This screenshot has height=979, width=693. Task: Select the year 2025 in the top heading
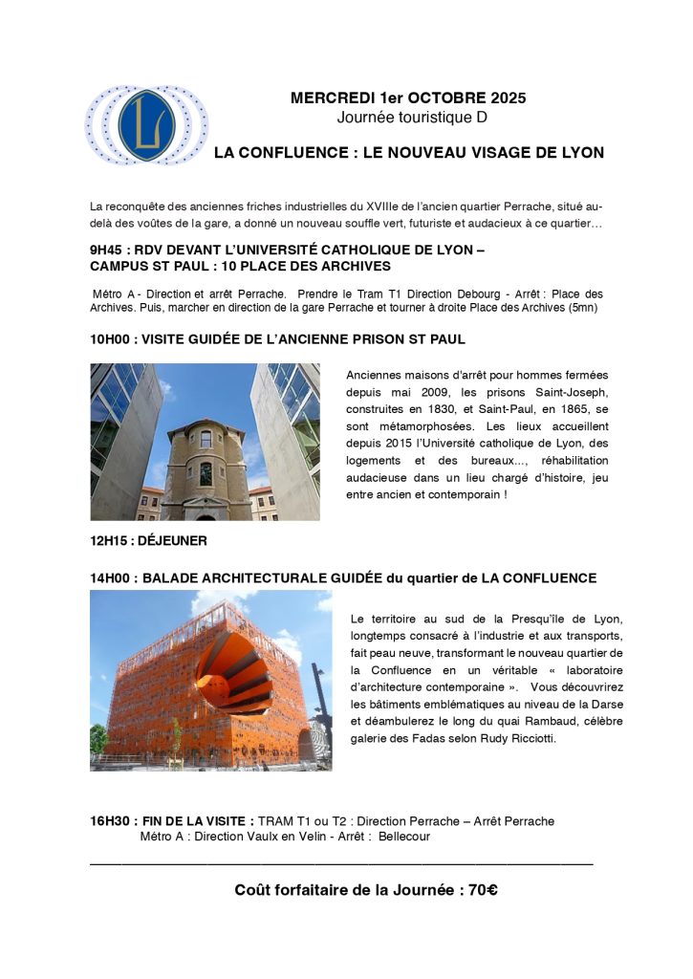click(x=507, y=98)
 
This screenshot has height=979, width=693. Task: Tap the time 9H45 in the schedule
click(x=107, y=251)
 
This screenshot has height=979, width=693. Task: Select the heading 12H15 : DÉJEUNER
click(x=148, y=540)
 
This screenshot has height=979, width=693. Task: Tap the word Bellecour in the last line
click(x=404, y=837)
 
